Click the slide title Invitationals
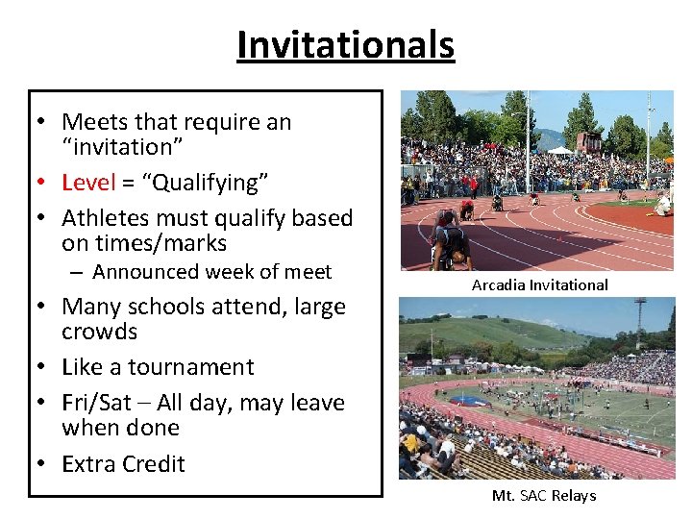click(345, 45)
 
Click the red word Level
click(87, 183)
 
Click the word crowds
click(99, 332)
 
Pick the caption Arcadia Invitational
click(539, 284)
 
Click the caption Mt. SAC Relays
click(543, 496)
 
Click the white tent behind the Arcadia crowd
click(559, 150)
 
